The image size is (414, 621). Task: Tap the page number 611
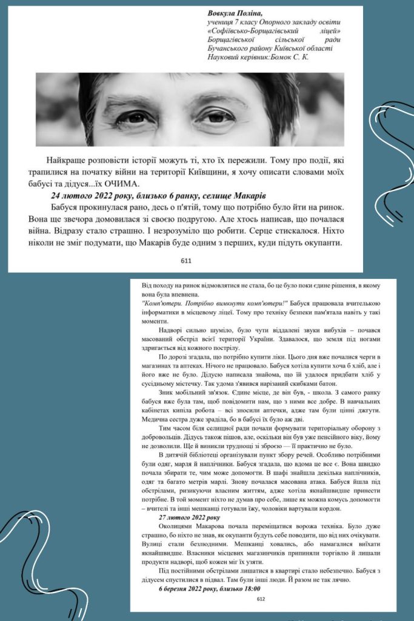pyautogui.click(x=186, y=261)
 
